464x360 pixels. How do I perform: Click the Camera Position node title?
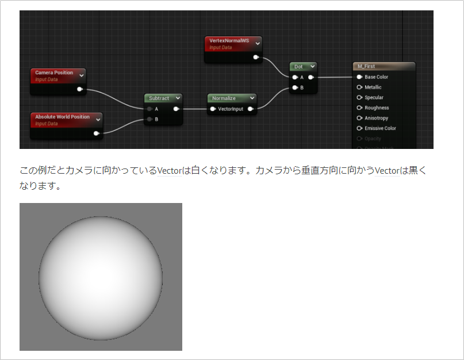[x=54, y=72]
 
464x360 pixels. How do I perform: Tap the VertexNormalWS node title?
[x=229, y=41]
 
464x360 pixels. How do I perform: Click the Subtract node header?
[x=159, y=98]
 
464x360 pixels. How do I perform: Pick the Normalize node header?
[x=224, y=98]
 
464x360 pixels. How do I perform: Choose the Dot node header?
[x=298, y=67]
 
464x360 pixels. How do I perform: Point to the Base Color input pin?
[x=359, y=77]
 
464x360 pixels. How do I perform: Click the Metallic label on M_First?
[x=373, y=87]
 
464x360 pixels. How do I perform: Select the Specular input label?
[x=374, y=98]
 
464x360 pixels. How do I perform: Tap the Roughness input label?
[x=377, y=108]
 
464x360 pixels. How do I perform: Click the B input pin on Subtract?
[x=149, y=119]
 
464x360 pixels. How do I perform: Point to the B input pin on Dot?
[x=295, y=87]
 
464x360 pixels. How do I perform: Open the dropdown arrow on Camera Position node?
[x=82, y=75]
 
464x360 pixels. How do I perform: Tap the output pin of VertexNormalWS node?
[x=256, y=57]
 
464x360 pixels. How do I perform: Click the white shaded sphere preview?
[x=101, y=278]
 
